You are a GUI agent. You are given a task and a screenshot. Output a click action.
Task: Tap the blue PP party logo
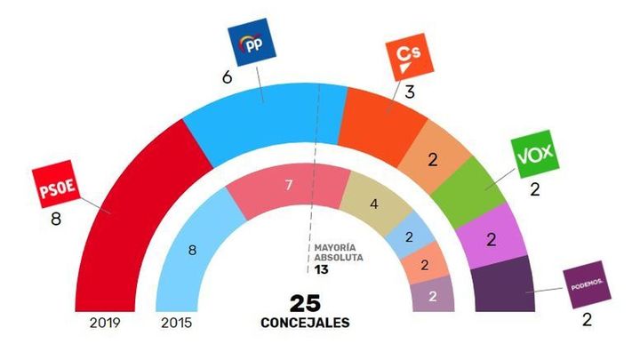pos(253,44)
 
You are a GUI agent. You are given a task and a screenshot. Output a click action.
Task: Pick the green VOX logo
pos(534,156)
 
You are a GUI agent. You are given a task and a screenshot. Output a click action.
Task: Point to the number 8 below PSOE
pos(55,220)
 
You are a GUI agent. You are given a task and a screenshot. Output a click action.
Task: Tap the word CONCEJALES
pos(305,323)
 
